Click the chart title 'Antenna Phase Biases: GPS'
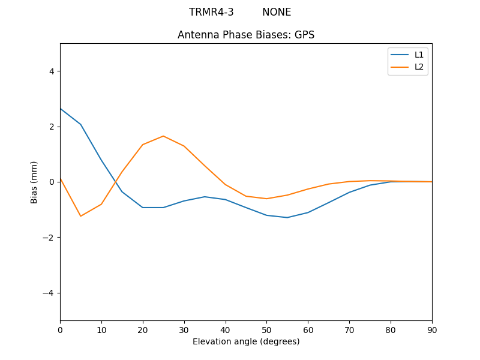(x=246, y=35)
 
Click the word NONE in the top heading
(x=277, y=12)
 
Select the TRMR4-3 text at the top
(x=211, y=12)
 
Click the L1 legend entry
(x=419, y=55)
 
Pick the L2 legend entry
(x=419, y=67)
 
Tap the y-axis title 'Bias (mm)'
(x=34, y=182)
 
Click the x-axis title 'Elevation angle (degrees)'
(x=246, y=341)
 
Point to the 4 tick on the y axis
(x=50, y=71)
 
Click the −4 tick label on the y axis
(x=48, y=293)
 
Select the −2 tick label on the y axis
(x=48, y=238)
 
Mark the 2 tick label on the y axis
(x=50, y=127)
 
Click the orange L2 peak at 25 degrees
(x=163, y=136)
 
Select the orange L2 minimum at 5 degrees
(x=80, y=216)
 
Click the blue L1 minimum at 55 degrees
(x=287, y=217)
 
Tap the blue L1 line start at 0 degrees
(x=61, y=109)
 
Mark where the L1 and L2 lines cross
(x=116, y=181)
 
